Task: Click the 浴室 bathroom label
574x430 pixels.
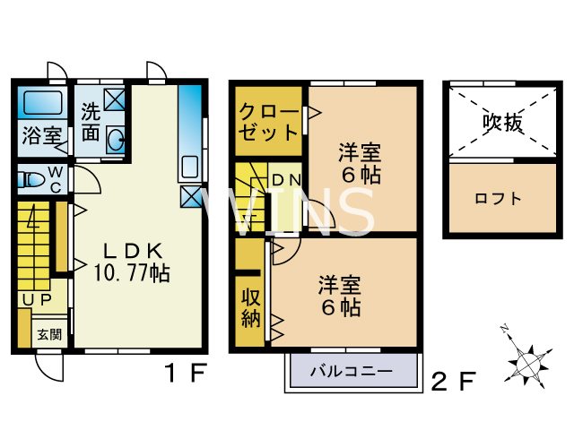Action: click(x=42, y=136)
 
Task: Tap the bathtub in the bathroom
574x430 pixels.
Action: click(x=42, y=104)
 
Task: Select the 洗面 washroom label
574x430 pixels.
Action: click(x=91, y=124)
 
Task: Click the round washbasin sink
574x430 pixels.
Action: click(x=116, y=139)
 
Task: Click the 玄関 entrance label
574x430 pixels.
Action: click(x=48, y=335)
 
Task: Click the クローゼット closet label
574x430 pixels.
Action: click(x=268, y=124)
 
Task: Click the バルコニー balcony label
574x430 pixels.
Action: click(x=351, y=369)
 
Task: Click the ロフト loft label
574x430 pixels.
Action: click(x=499, y=198)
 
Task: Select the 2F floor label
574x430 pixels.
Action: click(x=452, y=383)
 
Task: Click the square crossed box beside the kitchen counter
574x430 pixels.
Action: click(x=191, y=197)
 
